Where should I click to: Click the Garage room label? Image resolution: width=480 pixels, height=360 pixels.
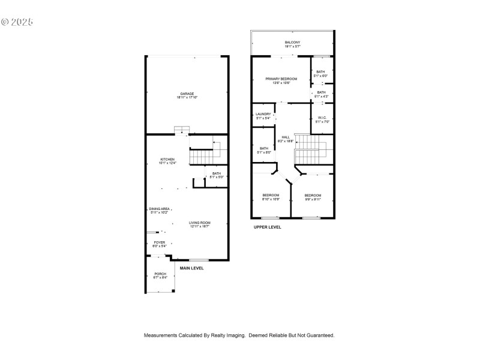[x=187, y=94]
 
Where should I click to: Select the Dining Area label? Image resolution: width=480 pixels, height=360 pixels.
[x=160, y=209]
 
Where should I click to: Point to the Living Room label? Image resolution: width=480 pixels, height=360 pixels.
[x=200, y=223]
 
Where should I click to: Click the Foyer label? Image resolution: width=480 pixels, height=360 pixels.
[x=159, y=242]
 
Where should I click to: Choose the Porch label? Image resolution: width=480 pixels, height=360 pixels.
[x=160, y=274]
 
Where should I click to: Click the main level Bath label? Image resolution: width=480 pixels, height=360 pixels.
[x=216, y=174]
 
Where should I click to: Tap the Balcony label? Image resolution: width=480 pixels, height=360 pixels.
[x=292, y=42]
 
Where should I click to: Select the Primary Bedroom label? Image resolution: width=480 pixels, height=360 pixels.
[x=281, y=79]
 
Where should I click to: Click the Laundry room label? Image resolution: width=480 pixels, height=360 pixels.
[x=263, y=114]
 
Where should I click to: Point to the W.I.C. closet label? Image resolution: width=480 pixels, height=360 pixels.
[x=322, y=118]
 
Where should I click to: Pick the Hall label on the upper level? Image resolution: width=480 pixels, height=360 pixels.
[x=286, y=137]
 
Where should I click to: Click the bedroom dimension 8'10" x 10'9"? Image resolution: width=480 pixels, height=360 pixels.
[x=271, y=199]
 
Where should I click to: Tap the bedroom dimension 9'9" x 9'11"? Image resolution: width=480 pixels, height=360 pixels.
[x=313, y=199]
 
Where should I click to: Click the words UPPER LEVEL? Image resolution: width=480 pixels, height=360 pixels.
[x=267, y=227]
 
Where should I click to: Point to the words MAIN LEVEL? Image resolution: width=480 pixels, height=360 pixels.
[x=191, y=268]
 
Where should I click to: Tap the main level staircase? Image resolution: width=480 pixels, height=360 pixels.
[x=203, y=156]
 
